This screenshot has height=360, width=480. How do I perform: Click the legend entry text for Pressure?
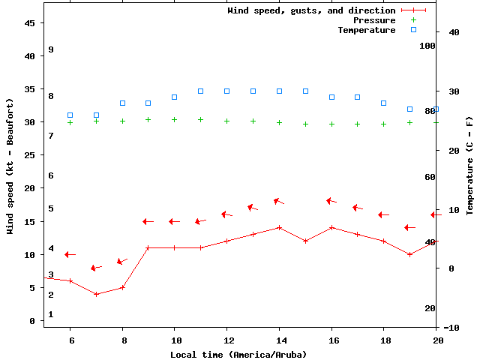click(373, 20)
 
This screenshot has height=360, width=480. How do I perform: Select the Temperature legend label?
click(366, 30)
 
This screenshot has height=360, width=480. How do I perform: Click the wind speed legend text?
click(311, 10)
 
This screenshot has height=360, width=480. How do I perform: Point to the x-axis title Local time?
click(238, 354)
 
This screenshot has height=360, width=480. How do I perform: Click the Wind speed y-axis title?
click(10, 166)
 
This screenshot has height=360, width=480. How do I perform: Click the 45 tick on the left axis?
click(30, 23)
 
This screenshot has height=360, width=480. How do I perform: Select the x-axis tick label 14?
click(279, 340)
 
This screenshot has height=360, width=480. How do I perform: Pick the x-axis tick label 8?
click(122, 340)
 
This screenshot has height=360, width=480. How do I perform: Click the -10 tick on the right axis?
click(451, 328)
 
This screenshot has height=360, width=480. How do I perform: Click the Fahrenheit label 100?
click(427, 46)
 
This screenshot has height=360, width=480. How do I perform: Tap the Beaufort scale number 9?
click(51, 49)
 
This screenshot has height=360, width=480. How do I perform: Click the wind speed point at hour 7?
click(96, 294)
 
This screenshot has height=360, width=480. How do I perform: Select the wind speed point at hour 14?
click(279, 227)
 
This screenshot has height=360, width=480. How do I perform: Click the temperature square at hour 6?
click(70, 115)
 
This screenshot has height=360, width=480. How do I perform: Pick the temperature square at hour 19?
click(409, 109)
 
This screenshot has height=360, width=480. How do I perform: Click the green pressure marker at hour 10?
click(174, 119)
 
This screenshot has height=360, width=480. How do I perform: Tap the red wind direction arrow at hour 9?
click(148, 221)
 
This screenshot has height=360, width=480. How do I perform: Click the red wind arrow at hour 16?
click(331, 201)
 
